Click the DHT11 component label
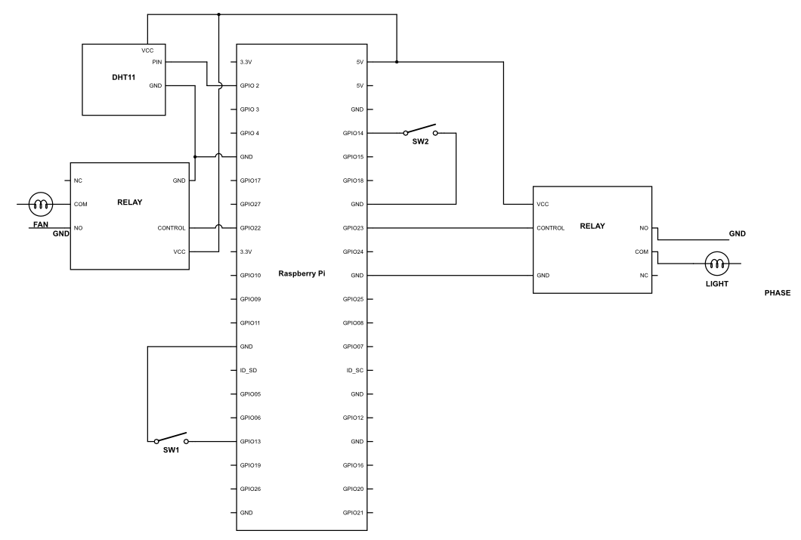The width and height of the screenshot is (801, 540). point(122,77)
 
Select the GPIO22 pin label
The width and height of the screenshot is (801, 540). point(251,227)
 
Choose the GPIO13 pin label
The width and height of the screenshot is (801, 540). point(251,441)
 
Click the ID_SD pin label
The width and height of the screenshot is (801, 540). point(249,370)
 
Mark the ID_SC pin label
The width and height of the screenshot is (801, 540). point(355,370)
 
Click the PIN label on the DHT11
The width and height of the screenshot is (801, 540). point(156,62)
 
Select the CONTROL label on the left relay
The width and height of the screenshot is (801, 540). point(172,227)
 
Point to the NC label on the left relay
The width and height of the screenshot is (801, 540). point(78,181)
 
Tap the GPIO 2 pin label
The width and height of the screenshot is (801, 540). point(251,86)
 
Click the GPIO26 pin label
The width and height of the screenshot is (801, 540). point(251,489)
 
